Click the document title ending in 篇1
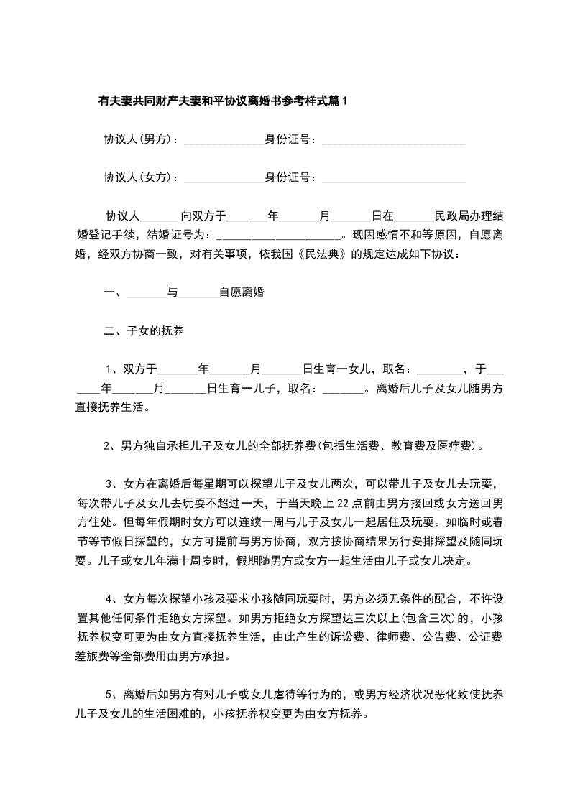click(222, 101)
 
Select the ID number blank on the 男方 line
click(393, 141)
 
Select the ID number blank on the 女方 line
click(393, 178)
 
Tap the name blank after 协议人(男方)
click(224, 141)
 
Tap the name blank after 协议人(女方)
click(224, 178)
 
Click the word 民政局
click(454, 215)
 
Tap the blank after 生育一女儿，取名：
click(440, 371)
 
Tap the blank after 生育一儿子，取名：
click(344, 390)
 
